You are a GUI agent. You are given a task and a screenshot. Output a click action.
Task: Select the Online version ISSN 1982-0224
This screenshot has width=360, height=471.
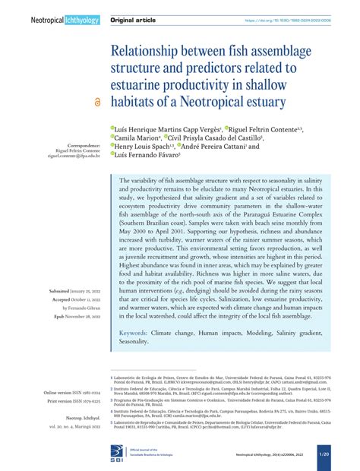(73, 393)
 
